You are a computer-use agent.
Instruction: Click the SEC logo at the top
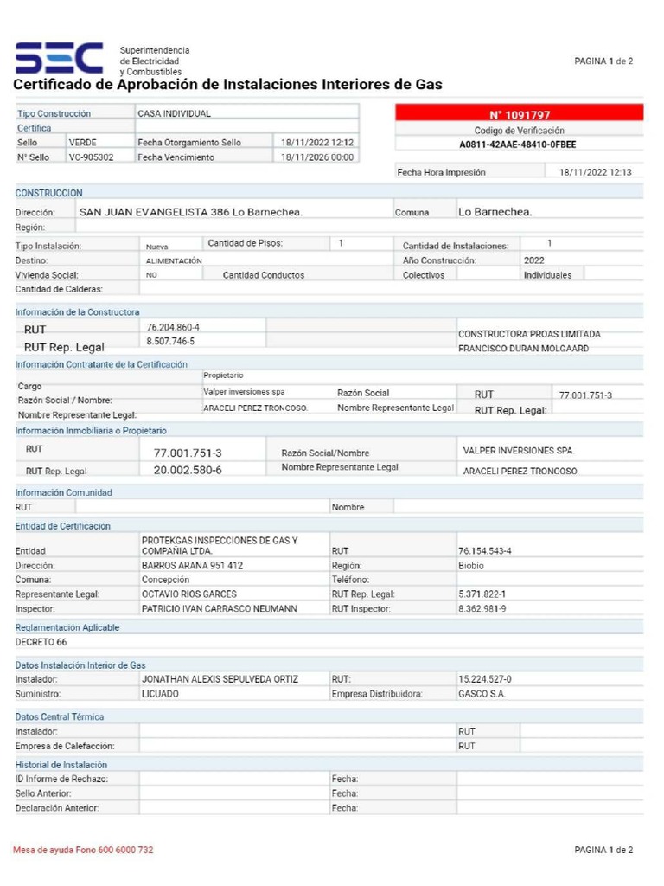[59, 59]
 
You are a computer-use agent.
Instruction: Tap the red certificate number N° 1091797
[520, 115]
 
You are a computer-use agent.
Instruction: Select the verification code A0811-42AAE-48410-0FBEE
[519, 144]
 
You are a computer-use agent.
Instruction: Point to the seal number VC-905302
[91, 157]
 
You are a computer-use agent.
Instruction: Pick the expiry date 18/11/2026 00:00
[317, 157]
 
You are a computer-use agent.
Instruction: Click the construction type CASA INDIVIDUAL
[174, 113]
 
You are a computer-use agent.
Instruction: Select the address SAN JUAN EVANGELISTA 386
[190, 212]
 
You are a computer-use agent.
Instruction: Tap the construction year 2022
[534, 260]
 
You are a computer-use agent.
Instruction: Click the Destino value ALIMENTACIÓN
[174, 260]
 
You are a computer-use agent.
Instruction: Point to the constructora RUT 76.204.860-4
[173, 327]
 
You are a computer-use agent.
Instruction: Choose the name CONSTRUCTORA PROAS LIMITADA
[529, 334]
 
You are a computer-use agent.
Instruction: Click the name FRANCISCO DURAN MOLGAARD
[523, 349]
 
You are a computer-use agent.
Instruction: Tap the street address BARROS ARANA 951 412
[192, 565]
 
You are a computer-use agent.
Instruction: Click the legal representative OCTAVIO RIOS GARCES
[188, 594]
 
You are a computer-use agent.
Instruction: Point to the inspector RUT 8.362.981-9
[482, 609]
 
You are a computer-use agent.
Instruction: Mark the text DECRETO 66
[41, 642]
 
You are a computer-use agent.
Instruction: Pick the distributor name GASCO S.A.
[482, 694]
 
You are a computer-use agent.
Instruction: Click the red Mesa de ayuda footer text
[83, 850]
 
